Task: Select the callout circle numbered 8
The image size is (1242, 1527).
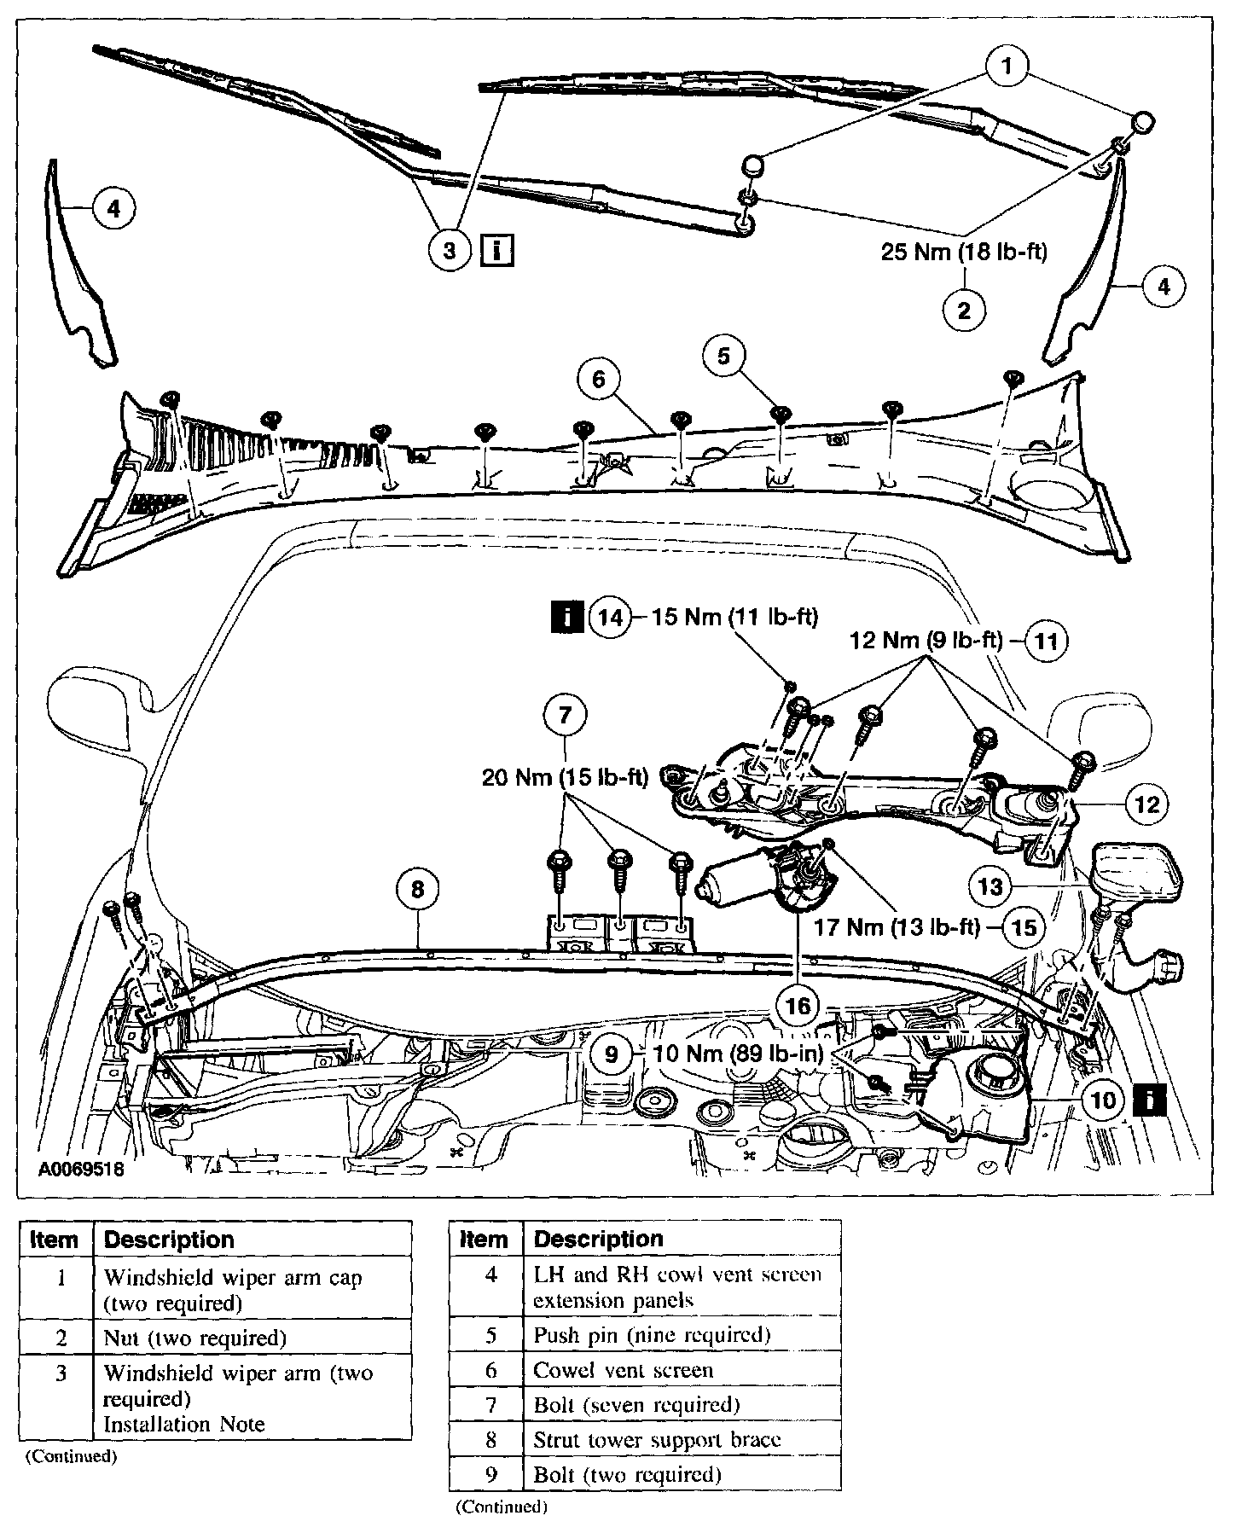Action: [x=417, y=890]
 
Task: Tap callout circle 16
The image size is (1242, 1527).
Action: [x=798, y=1007]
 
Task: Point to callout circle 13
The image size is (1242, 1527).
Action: [x=990, y=887]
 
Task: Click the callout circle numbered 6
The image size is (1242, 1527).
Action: [x=598, y=378]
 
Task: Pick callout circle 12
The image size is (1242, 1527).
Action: [x=1147, y=804]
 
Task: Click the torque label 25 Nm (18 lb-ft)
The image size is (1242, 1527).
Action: [x=964, y=253]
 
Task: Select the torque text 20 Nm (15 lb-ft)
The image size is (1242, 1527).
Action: [x=565, y=777]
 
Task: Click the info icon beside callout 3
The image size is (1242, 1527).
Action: [x=497, y=251]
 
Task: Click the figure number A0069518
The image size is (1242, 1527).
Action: [x=81, y=1169]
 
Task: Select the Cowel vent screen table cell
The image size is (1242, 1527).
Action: [x=623, y=1370]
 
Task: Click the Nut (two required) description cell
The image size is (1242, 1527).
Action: [x=194, y=1338]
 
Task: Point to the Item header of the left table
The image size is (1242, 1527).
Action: [x=54, y=1240]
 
